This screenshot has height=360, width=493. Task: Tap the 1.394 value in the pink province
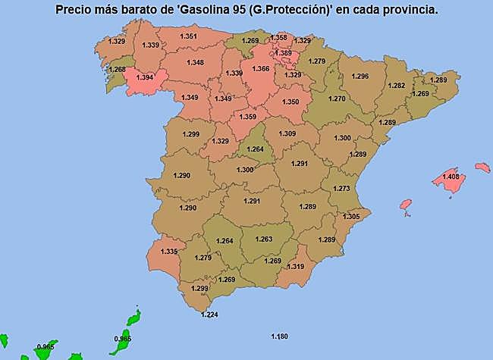[143, 77]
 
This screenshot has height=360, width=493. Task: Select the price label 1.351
[189, 36]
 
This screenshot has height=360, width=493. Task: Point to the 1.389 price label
[284, 53]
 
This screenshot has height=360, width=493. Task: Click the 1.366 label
[261, 69]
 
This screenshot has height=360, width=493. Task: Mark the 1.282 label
[397, 86]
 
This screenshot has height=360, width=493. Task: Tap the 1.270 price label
[336, 99]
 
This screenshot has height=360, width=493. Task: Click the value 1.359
[247, 117]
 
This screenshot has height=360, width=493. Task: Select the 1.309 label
[287, 134]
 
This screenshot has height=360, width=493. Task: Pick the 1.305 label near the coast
[351, 217]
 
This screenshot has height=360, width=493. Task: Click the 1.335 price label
[169, 252]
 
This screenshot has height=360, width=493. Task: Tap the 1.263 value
[263, 239]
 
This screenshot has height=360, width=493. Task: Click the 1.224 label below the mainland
[209, 315]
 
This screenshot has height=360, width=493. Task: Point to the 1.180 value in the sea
[280, 336]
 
